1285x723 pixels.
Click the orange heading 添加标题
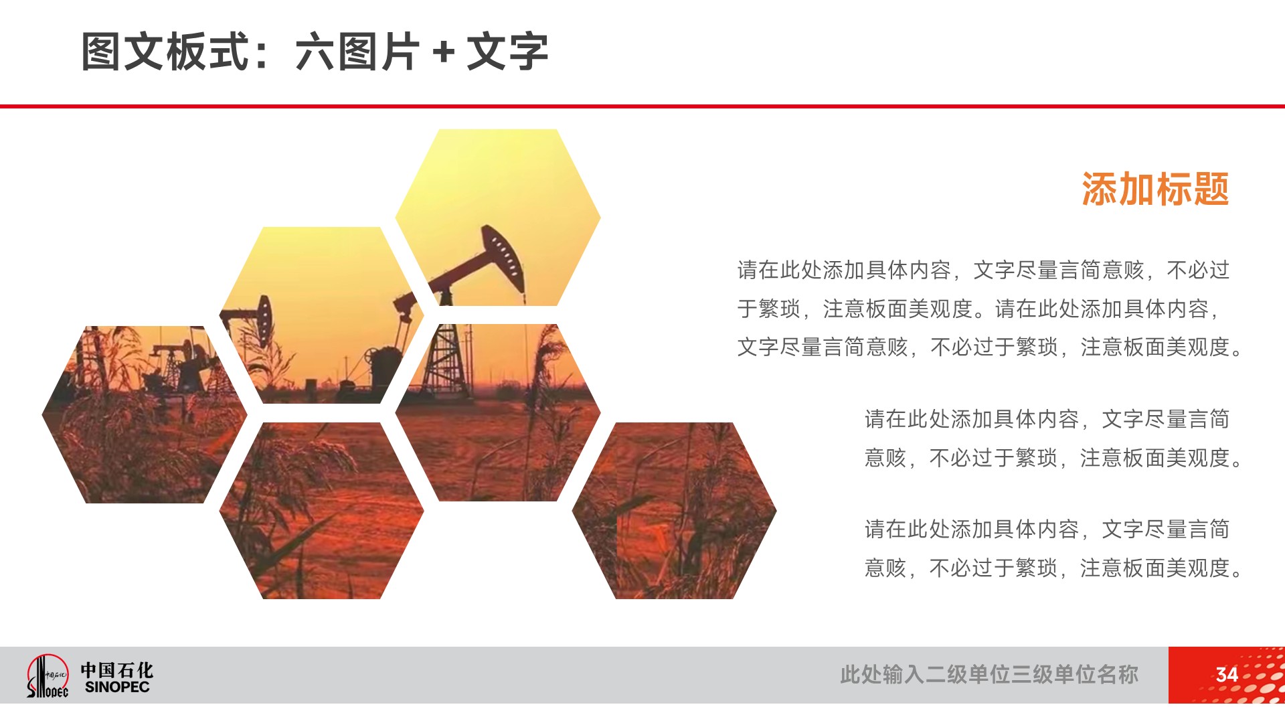(x=1155, y=189)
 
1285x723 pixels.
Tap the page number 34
(x=1226, y=674)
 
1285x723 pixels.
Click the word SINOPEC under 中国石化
(x=117, y=687)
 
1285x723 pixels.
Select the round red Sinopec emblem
(x=47, y=675)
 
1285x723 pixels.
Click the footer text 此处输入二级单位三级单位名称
(x=989, y=674)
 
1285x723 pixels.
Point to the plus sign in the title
(x=443, y=52)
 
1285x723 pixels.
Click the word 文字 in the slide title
(x=507, y=52)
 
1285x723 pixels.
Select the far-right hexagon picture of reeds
(x=674, y=510)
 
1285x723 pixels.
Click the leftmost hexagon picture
(x=145, y=414)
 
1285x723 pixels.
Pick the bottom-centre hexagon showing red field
(x=321, y=510)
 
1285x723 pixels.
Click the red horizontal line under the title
(x=642, y=106)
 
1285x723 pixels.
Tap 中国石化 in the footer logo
(x=117, y=669)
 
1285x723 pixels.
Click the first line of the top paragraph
(x=983, y=270)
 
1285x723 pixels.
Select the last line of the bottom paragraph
(x=1053, y=568)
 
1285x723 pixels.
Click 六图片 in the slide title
(x=357, y=52)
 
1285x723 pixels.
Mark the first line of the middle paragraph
(x=1047, y=419)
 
